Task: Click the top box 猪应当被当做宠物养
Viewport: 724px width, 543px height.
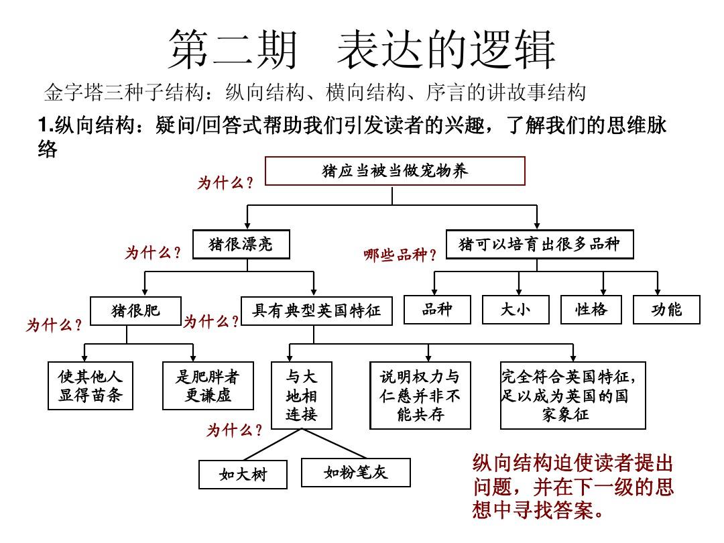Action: coord(395,171)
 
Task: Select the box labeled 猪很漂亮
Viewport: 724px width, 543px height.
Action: coord(241,244)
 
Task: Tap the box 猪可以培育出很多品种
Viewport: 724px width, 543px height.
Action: coord(539,244)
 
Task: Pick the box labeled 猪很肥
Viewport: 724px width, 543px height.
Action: coord(135,311)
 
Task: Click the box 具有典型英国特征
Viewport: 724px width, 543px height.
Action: coord(316,311)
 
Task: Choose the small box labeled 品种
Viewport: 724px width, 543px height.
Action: coord(437,309)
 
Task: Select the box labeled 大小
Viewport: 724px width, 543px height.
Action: coord(516,309)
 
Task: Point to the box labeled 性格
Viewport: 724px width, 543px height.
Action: coord(591,309)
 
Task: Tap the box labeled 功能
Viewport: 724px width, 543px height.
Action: coord(666,309)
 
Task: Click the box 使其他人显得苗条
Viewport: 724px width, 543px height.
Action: coord(90,385)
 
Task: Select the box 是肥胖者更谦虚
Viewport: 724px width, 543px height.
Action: coord(208,385)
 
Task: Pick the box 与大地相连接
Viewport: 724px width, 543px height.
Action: coord(302,396)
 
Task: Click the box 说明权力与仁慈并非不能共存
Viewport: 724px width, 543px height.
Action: coord(420,396)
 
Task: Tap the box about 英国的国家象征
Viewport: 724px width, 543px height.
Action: coord(573,396)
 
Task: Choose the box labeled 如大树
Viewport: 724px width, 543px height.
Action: coord(243,474)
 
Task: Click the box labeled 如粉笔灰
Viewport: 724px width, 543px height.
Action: coord(355,473)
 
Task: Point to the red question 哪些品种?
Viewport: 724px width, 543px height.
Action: coord(400,255)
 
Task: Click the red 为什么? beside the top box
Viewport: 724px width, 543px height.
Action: coord(225,183)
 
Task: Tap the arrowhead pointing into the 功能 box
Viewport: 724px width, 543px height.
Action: coord(657,292)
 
